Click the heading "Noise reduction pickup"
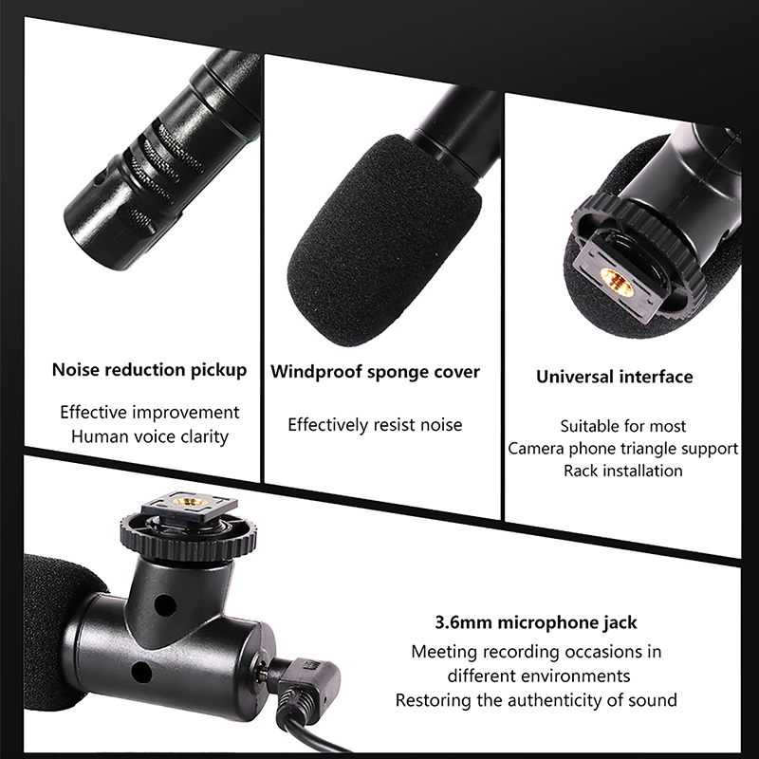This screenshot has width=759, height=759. point(149,370)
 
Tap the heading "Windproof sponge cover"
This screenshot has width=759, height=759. point(375,372)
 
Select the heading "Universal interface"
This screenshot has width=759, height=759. point(614,377)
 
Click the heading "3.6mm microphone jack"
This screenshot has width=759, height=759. point(536,622)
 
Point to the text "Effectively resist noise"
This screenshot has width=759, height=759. point(375,424)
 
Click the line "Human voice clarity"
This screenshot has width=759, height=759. point(150,436)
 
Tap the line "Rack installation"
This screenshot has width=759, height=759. point(623,471)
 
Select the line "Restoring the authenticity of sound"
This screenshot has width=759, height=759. point(536,700)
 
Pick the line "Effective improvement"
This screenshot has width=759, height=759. point(150,413)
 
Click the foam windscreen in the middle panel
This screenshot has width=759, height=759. point(382,242)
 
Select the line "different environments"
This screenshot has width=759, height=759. point(539,676)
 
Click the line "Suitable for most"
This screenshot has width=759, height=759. point(623,426)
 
